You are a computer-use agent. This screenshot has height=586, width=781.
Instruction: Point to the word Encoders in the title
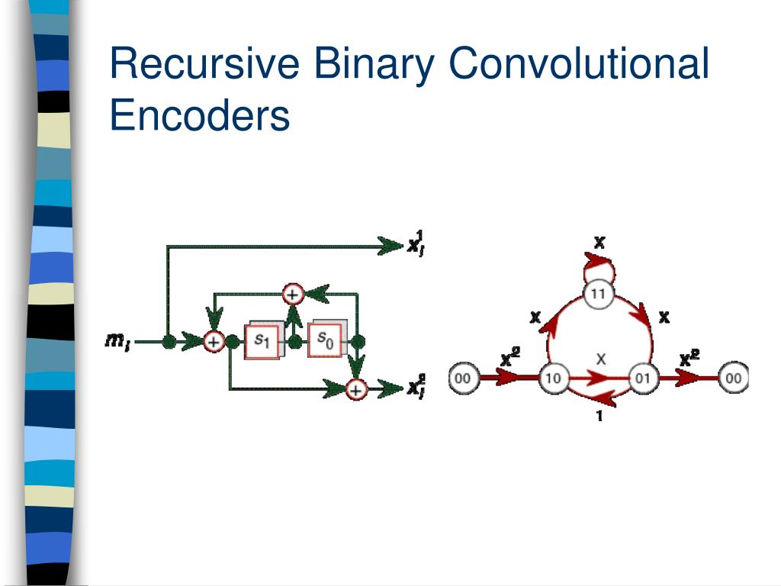[x=200, y=117]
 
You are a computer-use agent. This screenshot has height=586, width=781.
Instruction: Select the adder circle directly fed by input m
[x=214, y=343]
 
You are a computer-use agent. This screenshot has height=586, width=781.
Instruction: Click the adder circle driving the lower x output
[x=355, y=389]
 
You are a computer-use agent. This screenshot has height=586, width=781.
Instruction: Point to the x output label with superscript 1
[x=416, y=243]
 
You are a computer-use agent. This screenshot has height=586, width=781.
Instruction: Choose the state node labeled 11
[x=599, y=294]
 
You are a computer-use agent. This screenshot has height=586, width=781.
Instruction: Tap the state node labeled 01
[x=643, y=377]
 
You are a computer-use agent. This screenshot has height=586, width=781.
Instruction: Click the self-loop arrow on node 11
[x=599, y=266]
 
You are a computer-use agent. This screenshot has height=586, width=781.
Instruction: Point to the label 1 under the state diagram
[x=599, y=417]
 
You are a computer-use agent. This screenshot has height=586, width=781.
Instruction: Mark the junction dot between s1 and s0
[x=293, y=342]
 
